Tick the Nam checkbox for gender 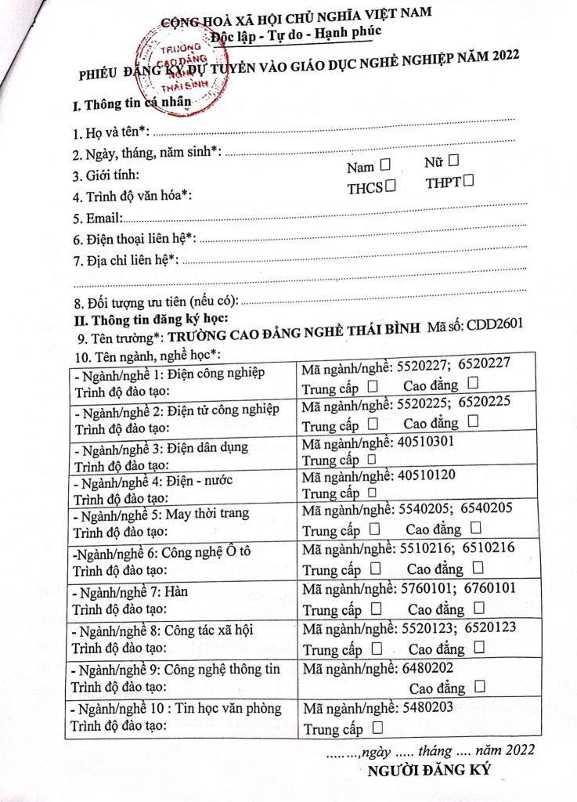tap(384, 165)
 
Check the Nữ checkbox tap(453, 161)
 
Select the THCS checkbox tap(389, 186)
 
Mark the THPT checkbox tap(468, 182)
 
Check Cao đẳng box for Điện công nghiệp tap(473, 383)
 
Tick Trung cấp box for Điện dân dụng tap(372, 460)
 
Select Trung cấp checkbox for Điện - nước tap(372, 493)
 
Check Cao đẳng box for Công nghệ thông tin tap(479, 685)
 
